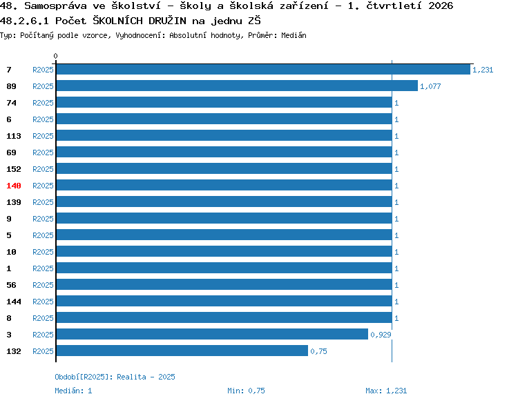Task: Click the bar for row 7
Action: click(x=263, y=69)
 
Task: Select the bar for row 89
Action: click(x=237, y=86)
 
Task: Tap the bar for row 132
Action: click(x=182, y=351)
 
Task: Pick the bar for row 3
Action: click(x=212, y=335)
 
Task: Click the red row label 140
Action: click(x=14, y=186)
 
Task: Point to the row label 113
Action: click(x=14, y=136)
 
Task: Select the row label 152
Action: click(x=14, y=169)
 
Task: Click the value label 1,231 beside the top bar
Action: click(x=483, y=70)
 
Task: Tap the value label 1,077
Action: click(x=430, y=86)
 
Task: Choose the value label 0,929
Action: click(x=381, y=335)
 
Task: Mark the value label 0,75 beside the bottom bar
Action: click(x=318, y=351)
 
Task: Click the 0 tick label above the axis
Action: click(x=55, y=56)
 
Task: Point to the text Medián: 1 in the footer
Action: click(x=73, y=391)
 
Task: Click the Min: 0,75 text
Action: click(x=246, y=391)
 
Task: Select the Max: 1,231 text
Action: click(x=386, y=391)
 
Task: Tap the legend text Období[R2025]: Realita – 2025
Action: click(x=115, y=377)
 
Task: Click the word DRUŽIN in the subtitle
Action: click(x=168, y=21)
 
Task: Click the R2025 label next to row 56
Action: click(x=43, y=285)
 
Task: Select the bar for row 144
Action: click(x=224, y=301)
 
